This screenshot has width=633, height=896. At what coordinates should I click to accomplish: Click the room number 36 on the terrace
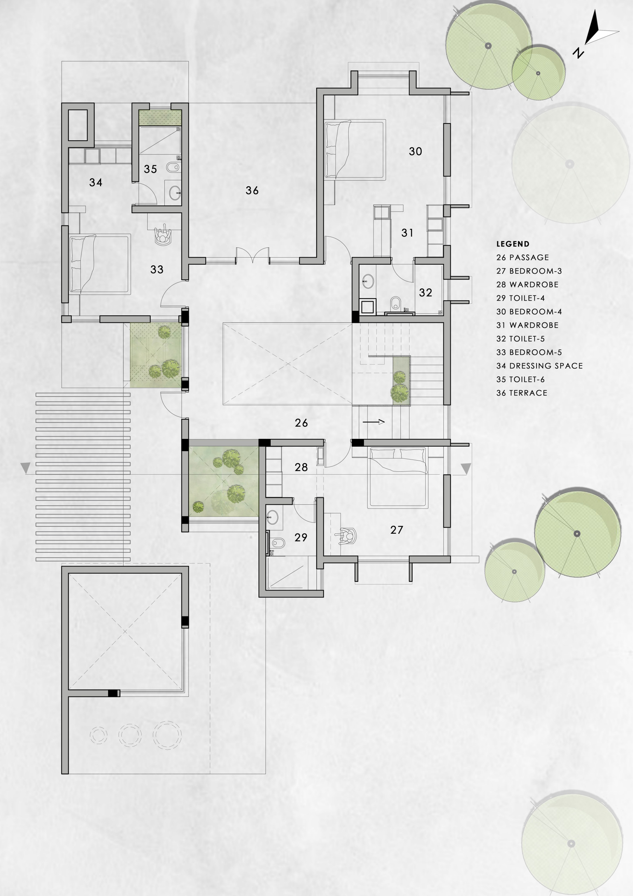[252, 190]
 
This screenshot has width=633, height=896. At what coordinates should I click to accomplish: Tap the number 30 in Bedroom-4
[415, 152]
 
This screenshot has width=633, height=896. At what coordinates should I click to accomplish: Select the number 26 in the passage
[301, 423]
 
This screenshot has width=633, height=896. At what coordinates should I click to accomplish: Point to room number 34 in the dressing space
[95, 182]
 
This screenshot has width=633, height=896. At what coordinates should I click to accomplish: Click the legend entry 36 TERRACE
[521, 393]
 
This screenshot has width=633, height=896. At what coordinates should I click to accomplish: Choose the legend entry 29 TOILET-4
[520, 298]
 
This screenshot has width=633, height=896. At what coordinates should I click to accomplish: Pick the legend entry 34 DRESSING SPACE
[539, 366]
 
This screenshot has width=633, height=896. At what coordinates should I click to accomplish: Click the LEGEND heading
[513, 244]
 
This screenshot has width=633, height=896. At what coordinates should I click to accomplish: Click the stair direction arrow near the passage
[374, 421]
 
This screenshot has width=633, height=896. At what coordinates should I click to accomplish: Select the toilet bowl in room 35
[173, 167]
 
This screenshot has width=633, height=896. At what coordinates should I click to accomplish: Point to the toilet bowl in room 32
[395, 302]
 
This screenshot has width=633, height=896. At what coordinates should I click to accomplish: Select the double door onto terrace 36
[253, 255]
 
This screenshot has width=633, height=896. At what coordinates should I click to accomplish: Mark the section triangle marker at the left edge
[25, 468]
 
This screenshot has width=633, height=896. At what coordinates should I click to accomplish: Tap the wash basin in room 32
[368, 281]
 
